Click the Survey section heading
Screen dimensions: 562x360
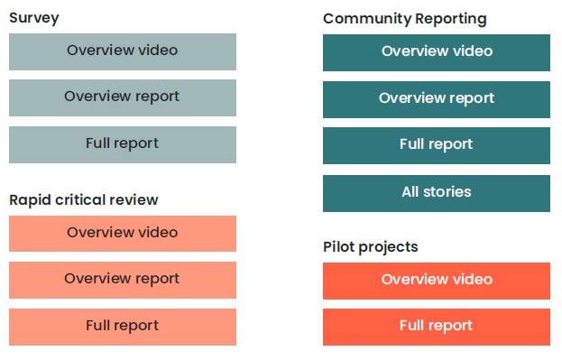34,18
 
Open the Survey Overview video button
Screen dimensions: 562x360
123,51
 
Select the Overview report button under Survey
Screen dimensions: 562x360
123,97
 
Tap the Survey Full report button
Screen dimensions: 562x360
123,144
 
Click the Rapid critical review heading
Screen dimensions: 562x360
84,200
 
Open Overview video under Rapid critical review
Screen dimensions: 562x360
123,234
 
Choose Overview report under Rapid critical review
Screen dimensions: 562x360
123,280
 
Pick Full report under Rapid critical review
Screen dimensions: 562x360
123,327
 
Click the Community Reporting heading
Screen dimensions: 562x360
404,19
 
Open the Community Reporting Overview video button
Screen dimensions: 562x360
437,52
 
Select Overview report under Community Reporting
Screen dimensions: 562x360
437,99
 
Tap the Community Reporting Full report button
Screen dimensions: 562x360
437,145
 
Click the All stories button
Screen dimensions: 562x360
437,193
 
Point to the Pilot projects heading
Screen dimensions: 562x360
371,247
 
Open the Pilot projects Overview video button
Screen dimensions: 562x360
437,281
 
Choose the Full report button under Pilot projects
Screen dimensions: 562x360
437,327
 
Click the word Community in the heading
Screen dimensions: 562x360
363,19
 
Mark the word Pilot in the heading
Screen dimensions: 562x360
338,247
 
